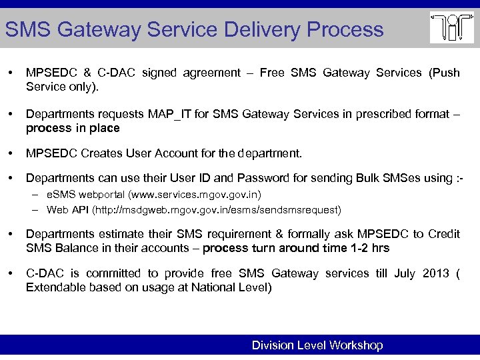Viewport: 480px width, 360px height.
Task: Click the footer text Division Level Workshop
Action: coord(317,345)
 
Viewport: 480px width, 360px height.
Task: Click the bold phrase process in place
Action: coord(73,128)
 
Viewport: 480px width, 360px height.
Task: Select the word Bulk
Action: coord(351,179)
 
